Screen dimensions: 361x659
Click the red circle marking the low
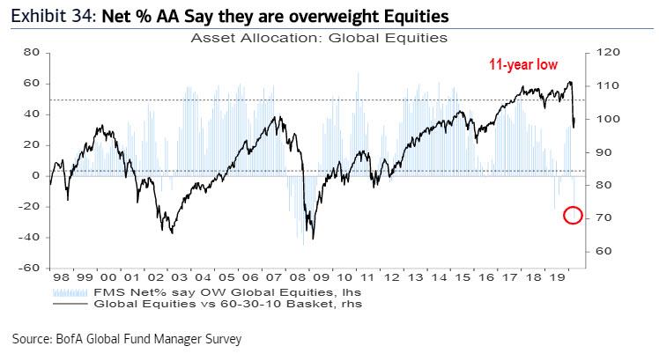pyautogui.click(x=572, y=215)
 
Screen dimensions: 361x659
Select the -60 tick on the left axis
pyautogui.click(x=31, y=268)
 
